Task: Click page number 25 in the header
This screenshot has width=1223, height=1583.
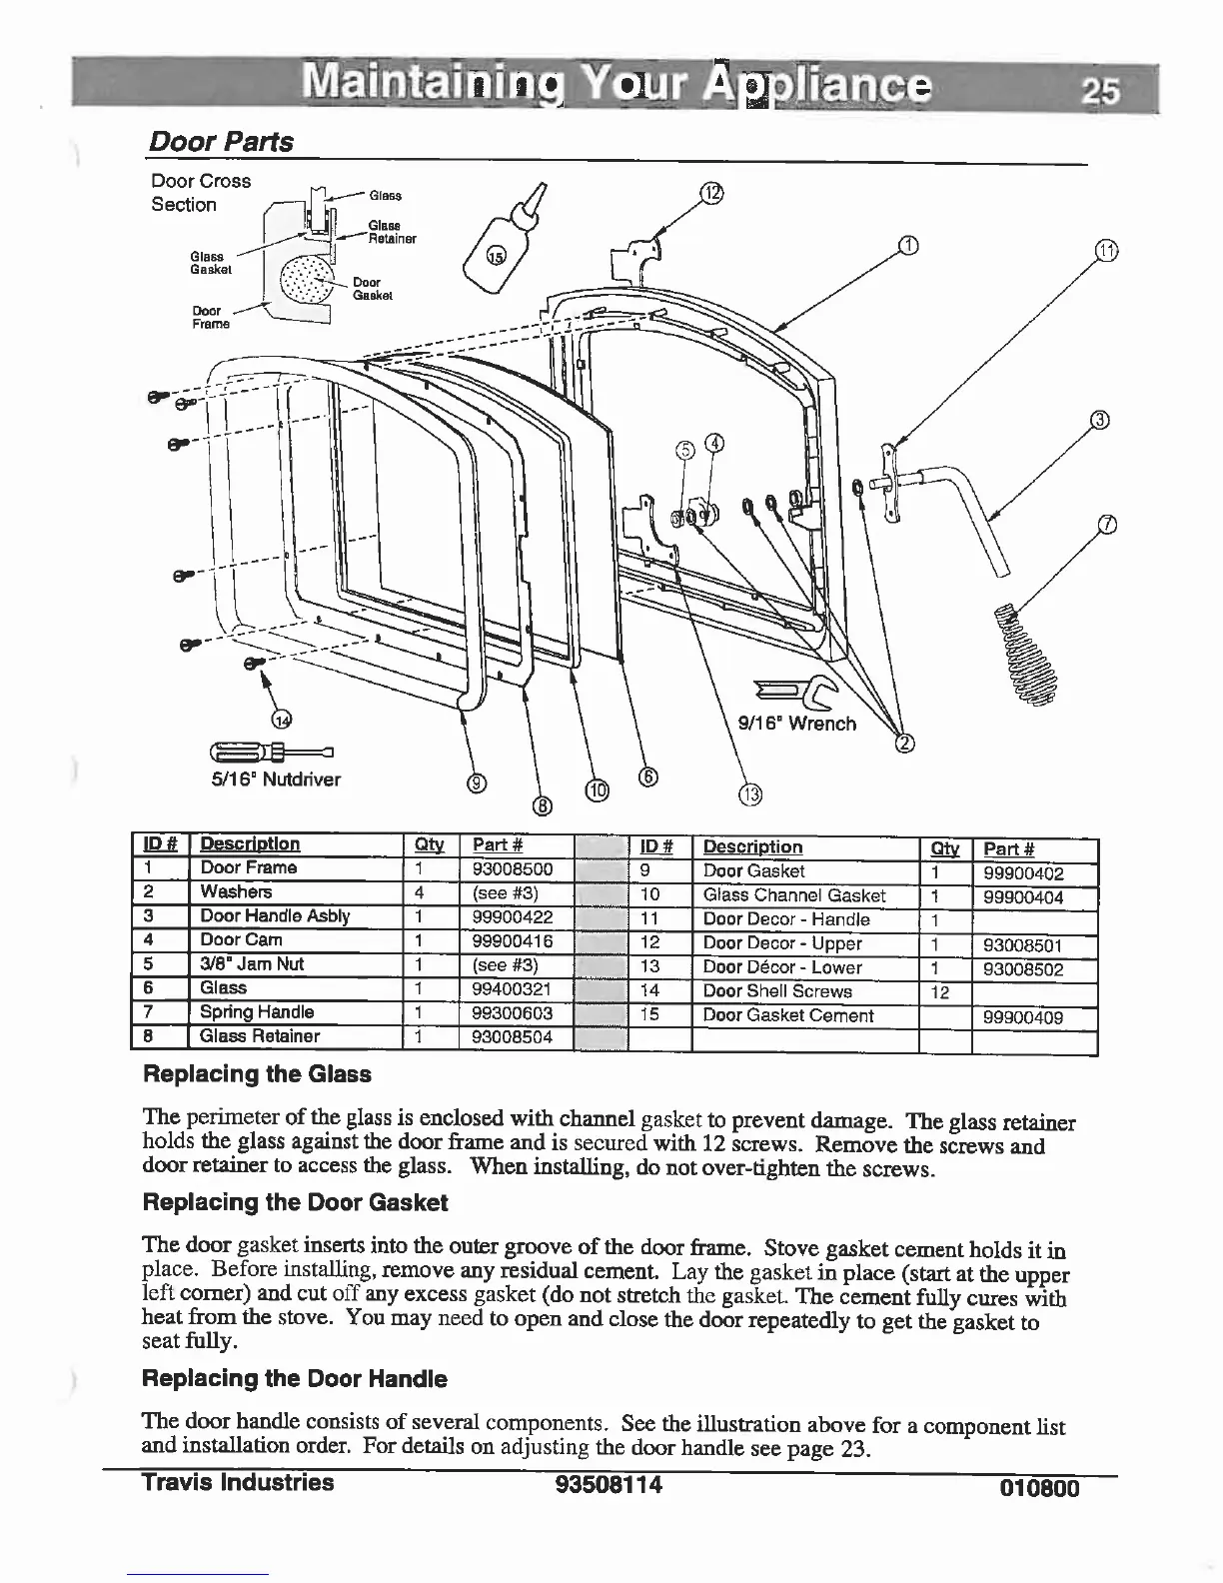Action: [x=1103, y=91]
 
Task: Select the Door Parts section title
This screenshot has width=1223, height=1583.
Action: [x=221, y=142]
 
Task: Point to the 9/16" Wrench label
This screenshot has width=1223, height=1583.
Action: [x=796, y=724]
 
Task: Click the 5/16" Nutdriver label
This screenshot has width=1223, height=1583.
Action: [x=276, y=779]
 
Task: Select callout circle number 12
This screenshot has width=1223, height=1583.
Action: [x=709, y=194]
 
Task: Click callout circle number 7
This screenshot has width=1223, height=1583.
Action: [x=1106, y=526]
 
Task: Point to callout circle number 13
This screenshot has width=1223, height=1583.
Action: [x=749, y=795]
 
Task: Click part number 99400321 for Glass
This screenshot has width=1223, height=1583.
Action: [x=512, y=988]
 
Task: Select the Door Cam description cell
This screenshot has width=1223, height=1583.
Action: [x=241, y=940]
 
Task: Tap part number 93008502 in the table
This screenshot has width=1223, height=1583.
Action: [x=1022, y=969]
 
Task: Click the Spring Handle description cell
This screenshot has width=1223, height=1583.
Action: [x=257, y=1012]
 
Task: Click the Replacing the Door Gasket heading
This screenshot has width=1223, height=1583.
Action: [x=296, y=1202]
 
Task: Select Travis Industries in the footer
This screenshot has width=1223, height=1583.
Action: [x=238, y=1482]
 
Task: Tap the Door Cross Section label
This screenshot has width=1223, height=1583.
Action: [x=200, y=192]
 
